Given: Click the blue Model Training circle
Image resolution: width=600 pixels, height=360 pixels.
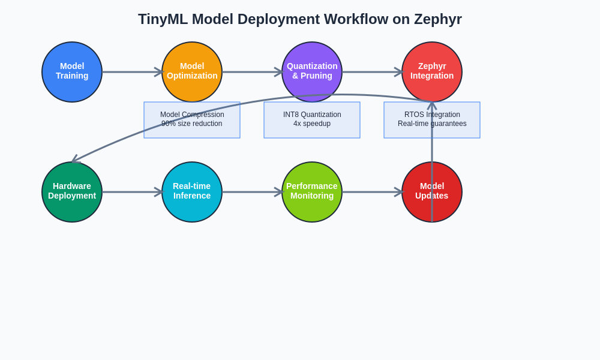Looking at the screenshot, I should pyautogui.click(x=72, y=72).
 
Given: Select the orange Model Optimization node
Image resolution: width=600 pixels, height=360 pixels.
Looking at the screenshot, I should pyautogui.click(x=192, y=72).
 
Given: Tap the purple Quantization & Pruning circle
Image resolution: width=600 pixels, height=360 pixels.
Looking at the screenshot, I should pyautogui.click(x=312, y=72).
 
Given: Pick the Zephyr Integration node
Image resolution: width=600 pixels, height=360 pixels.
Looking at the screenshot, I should pyautogui.click(x=432, y=72).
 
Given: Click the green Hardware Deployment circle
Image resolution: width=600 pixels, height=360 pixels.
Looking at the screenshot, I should pyautogui.click(x=72, y=192).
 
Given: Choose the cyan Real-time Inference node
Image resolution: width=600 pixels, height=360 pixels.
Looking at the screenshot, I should pyautogui.click(x=192, y=192).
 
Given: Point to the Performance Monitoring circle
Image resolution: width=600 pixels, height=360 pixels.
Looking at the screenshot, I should pyautogui.click(x=312, y=192).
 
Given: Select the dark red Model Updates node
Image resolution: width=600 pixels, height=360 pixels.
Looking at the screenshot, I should pyautogui.click(x=432, y=192).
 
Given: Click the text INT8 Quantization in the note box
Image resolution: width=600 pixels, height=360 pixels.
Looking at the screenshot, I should pyautogui.click(x=312, y=115).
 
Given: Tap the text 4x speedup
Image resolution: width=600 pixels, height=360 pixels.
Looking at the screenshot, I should pyautogui.click(x=312, y=124).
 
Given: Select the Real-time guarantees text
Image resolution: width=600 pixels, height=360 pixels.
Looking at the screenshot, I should pyautogui.click(x=432, y=124).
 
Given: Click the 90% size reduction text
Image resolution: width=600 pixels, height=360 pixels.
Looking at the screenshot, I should pyautogui.click(x=192, y=124).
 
